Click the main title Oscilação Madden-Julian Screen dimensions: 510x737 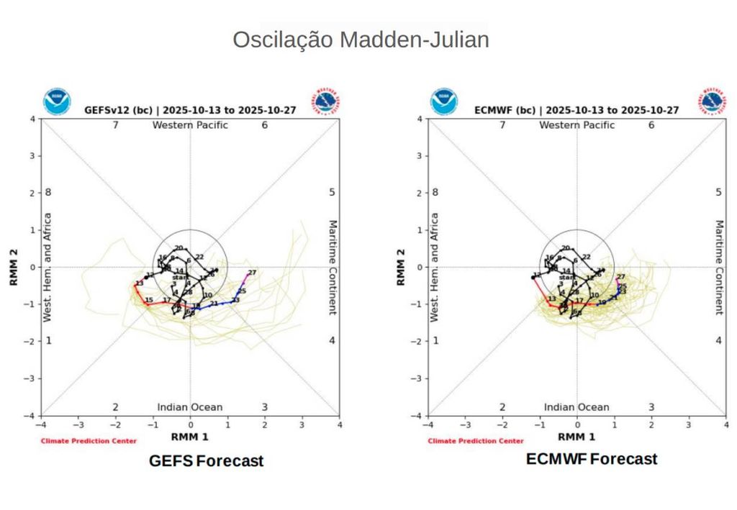[x=361, y=40]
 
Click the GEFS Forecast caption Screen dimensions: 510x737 [x=206, y=461]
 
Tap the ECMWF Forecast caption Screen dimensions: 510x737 [x=592, y=459]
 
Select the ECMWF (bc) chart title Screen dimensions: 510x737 [x=577, y=110]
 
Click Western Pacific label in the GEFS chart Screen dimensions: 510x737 [x=190, y=125]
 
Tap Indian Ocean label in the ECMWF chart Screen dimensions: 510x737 [x=576, y=407]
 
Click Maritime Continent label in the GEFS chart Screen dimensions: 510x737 [x=333, y=267]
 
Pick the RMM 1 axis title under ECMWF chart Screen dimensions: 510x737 [x=577, y=437]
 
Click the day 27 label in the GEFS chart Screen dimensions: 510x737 [x=252, y=273]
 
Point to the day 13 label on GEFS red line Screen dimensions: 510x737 [x=139, y=283]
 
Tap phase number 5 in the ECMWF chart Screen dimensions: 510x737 [x=718, y=192]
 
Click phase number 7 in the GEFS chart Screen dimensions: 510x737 [x=114, y=125]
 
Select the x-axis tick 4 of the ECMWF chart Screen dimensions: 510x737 [x=725, y=424]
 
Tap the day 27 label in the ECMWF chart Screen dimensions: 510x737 [x=620, y=277]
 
